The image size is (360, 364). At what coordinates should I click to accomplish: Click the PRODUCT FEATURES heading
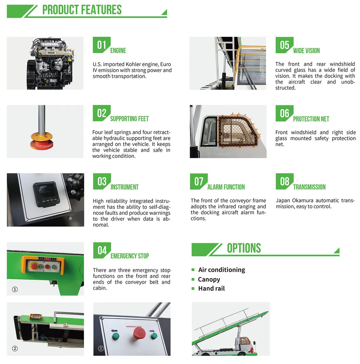(x=82, y=10)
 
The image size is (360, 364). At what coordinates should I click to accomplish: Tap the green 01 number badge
(x=102, y=45)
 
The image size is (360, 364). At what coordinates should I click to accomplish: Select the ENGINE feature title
(x=118, y=51)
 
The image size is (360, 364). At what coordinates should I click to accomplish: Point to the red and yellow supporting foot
(x=42, y=141)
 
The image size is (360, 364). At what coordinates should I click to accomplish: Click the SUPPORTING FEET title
(x=130, y=119)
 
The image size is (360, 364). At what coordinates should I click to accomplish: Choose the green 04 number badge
(x=102, y=250)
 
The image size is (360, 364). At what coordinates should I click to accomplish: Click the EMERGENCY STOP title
(x=130, y=256)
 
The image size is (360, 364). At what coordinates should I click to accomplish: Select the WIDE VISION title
(x=306, y=51)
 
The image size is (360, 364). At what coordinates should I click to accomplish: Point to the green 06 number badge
(x=285, y=113)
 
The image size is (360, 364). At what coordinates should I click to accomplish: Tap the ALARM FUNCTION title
(x=226, y=187)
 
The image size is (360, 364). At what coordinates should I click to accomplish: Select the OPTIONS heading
(x=244, y=248)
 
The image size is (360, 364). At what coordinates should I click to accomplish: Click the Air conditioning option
(x=222, y=270)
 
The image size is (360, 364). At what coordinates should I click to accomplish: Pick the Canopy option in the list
(x=209, y=280)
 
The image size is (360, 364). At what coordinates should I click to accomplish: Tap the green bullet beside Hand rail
(x=193, y=288)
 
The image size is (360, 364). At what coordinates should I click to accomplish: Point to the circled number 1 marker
(x=15, y=289)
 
